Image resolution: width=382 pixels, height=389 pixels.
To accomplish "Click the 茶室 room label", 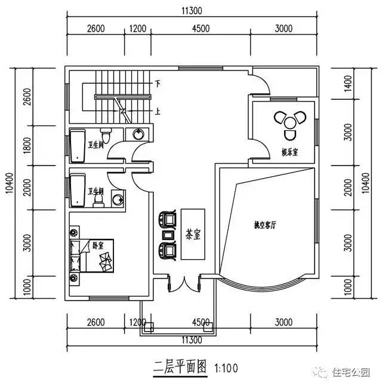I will [x=193, y=234].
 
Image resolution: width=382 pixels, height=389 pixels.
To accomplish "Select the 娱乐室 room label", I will [x=290, y=153].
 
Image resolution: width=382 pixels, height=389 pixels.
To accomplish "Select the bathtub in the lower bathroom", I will [x=78, y=189].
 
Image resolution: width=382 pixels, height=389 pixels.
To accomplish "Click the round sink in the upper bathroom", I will [x=138, y=134].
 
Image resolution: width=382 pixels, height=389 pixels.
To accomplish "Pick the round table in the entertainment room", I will [x=290, y=123].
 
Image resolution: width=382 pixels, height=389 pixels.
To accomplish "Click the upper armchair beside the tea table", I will [x=168, y=218].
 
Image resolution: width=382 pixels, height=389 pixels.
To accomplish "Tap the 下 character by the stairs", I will [x=158, y=83].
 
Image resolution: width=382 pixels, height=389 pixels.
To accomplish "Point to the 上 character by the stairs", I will [x=158, y=111].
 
